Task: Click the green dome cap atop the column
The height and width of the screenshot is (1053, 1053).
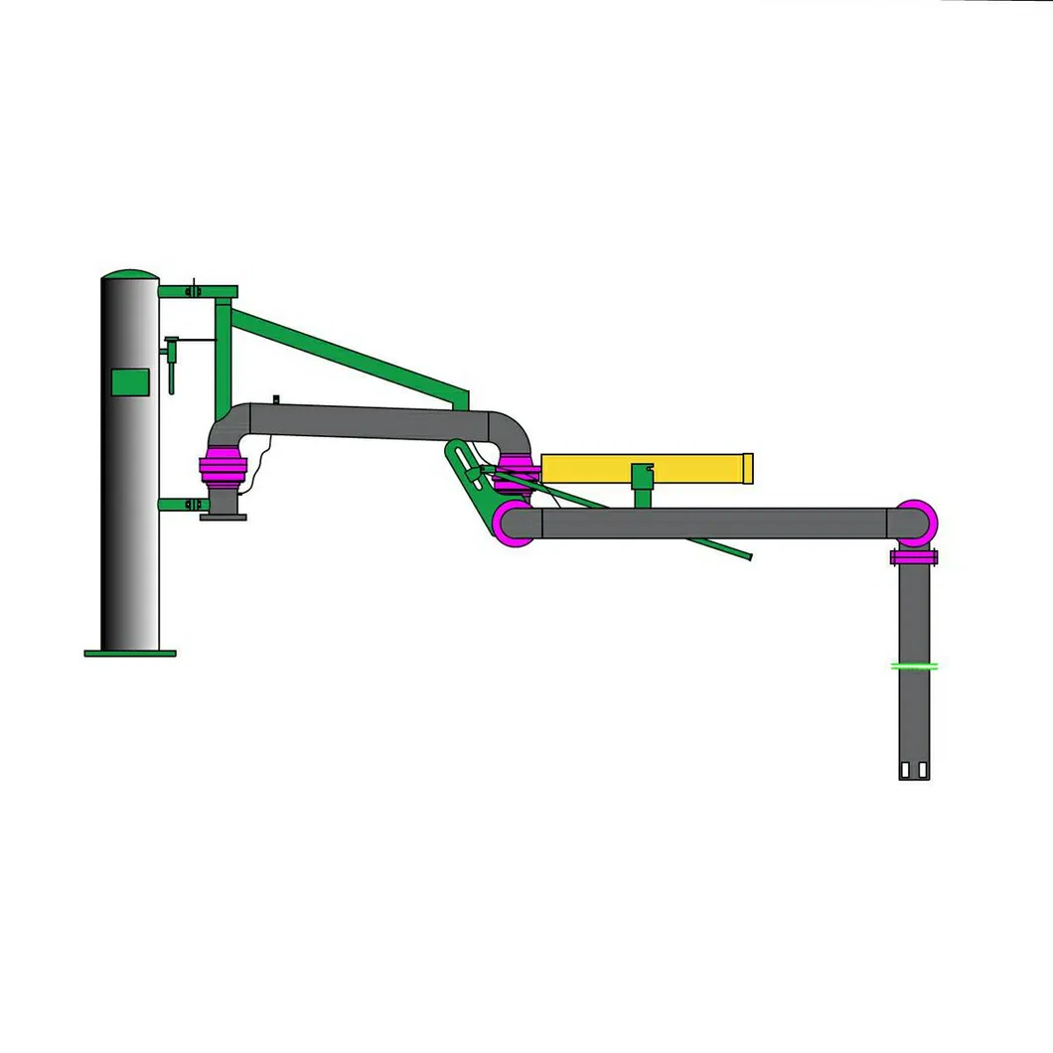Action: click(130, 274)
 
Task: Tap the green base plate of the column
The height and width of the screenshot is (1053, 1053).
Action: click(130, 653)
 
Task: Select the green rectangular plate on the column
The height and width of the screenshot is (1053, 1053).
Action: click(130, 381)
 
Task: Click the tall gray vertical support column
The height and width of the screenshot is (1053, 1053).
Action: click(129, 497)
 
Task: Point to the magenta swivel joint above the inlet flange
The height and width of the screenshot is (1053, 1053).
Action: click(223, 469)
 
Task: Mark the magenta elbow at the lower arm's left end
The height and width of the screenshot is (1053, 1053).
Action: click(514, 524)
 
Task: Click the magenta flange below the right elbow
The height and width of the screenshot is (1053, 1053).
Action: click(914, 557)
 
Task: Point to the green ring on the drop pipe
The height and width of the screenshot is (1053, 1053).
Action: click(915, 667)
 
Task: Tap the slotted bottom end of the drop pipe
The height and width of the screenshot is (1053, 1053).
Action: click(914, 770)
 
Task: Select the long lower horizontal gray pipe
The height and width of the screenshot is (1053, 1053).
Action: click(715, 524)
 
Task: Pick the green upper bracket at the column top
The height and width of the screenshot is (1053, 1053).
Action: click(199, 292)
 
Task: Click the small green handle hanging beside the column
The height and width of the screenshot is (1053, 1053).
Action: click(172, 368)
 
